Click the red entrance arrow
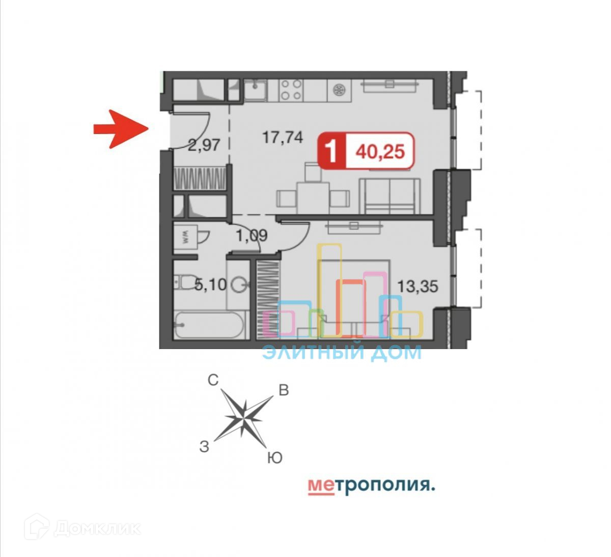pyautogui.click(x=120, y=129)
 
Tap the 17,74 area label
pyautogui.click(x=283, y=137)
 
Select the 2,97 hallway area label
pyautogui.click(x=204, y=145)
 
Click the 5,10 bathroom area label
pyautogui.click(x=210, y=284)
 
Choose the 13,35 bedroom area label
pyautogui.click(x=418, y=286)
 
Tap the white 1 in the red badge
pyautogui.click(x=331, y=151)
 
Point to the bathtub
pyautogui.click(x=210, y=325)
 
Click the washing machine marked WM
pyautogui.click(x=185, y=236)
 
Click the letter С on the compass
pyautogui.click(x=213, y=380)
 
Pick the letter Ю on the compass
pyautogui.click(x=274, y=458)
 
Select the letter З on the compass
pyautogui.click(x=204, y=447)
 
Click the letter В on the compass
pyautogui.click(x=284, y=390)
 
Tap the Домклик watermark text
pyautogui.click(x=97, y=528)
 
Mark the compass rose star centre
pyautogui.click(x=244, y=417)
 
